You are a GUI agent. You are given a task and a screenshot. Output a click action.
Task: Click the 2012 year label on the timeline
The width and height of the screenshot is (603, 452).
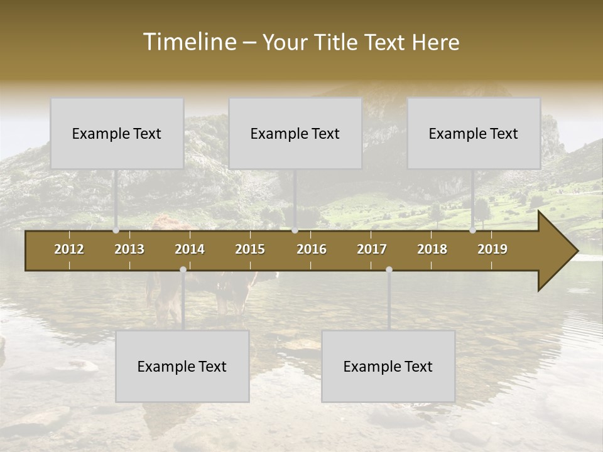(x=69, y=249)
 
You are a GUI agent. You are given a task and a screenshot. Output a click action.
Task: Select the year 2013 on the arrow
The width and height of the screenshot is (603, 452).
(x=129, y=249)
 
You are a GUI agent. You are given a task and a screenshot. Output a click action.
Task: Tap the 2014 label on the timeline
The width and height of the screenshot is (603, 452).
(x=190, y=249)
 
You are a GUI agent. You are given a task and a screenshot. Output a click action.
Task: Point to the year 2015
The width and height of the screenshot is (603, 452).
(x=250, y=249)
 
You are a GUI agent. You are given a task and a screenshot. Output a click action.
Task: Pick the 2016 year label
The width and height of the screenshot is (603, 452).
(x=312, y=249)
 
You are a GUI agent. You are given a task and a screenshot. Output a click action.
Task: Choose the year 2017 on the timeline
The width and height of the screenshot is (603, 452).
(x=372, y=249)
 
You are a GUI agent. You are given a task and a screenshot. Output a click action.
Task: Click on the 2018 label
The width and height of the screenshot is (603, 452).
(x=432, y=249)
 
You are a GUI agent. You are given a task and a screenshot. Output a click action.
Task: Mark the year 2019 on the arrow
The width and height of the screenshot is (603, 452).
(x=492, y=249)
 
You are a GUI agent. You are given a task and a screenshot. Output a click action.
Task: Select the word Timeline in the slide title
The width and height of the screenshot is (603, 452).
(x=188, y=42)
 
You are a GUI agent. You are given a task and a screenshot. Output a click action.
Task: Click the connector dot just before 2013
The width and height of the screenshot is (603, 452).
(x=116, y=230)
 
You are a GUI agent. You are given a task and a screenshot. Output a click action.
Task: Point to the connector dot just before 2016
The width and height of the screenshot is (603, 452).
(x=295, y=230)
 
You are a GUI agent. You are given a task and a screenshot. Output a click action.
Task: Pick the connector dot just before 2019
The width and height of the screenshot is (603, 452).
(x=473, y=230)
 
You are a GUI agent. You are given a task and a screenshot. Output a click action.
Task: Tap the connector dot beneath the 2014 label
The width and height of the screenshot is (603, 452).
(x=183, y=270)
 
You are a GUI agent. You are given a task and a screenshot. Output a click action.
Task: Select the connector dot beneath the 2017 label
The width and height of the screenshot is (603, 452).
(x=389, y=270)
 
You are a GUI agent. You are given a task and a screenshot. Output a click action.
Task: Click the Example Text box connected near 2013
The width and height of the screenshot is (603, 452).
(x=117, y=134)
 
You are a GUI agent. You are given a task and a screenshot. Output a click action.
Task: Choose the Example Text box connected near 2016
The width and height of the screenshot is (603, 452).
(x=295, y=134)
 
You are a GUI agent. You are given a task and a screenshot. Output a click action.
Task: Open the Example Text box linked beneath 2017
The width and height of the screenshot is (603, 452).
(x=388, y=367)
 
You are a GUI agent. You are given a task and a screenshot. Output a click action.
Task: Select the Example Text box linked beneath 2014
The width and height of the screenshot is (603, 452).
(x=182, y=367)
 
